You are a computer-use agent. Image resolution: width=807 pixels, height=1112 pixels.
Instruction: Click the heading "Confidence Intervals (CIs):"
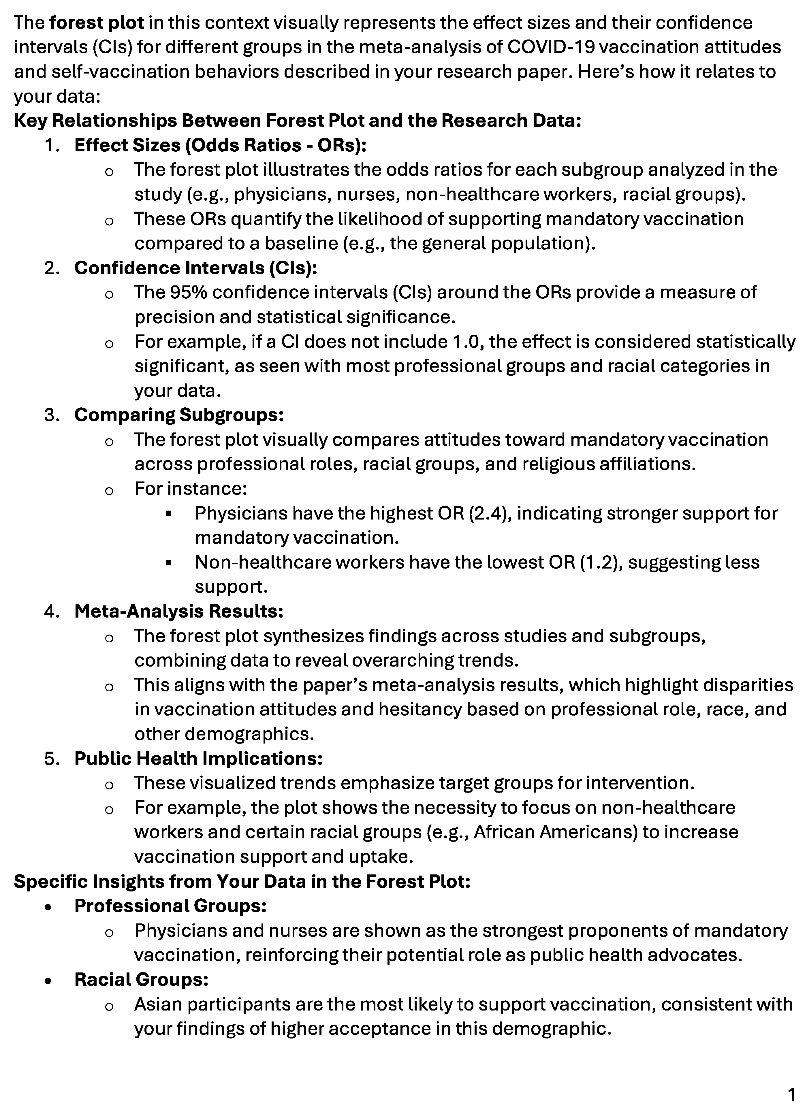click(x=195, y=268)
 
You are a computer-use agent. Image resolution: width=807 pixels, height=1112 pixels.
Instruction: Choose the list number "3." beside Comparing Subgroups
click(x=52, y=415)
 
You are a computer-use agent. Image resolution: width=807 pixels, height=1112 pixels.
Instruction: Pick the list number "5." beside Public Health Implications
click(x=52, y=759)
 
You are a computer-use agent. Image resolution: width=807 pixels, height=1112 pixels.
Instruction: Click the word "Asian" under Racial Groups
click(x=158, y=1004)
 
